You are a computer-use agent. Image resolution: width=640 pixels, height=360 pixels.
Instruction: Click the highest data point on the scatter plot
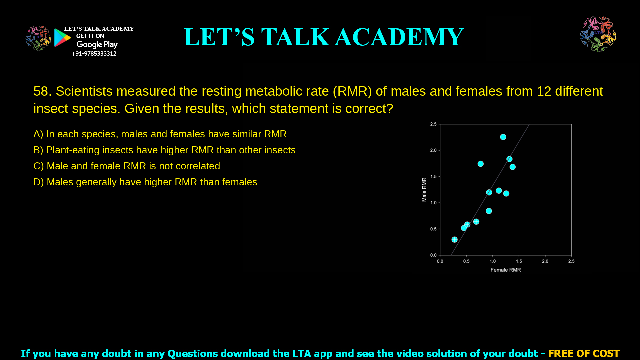503,137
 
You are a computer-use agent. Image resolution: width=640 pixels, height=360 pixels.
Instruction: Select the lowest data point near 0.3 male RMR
454,239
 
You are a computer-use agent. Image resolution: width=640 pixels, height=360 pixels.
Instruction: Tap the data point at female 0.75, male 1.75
480,164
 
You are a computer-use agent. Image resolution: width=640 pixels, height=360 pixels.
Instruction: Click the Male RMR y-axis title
424,189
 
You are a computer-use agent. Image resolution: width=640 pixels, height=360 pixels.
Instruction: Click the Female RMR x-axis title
505,270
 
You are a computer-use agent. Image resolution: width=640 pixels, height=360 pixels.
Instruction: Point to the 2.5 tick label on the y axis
433,124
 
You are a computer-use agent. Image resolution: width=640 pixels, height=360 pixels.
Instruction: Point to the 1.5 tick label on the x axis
519,261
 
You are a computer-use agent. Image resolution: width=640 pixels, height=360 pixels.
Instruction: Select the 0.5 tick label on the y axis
433,229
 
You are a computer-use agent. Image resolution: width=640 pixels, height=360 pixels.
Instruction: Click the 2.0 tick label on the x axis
545,261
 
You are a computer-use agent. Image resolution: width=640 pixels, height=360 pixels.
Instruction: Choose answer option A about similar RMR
160,134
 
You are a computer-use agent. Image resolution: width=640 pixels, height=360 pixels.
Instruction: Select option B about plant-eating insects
164,150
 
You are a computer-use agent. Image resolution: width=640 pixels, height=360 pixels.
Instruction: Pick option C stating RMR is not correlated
127,166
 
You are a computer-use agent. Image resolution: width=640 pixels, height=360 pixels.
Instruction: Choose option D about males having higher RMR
145,182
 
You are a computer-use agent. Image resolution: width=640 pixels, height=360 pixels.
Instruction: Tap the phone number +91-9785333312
94,54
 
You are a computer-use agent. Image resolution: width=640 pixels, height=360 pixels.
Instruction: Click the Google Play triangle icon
62,38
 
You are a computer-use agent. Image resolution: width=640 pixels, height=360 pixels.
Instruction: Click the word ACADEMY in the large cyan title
399,37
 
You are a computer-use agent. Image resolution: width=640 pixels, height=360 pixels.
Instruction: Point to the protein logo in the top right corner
598,34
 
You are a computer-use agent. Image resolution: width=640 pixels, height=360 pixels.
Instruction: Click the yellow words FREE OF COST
583,353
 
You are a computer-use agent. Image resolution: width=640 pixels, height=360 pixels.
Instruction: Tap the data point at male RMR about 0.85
489,211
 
